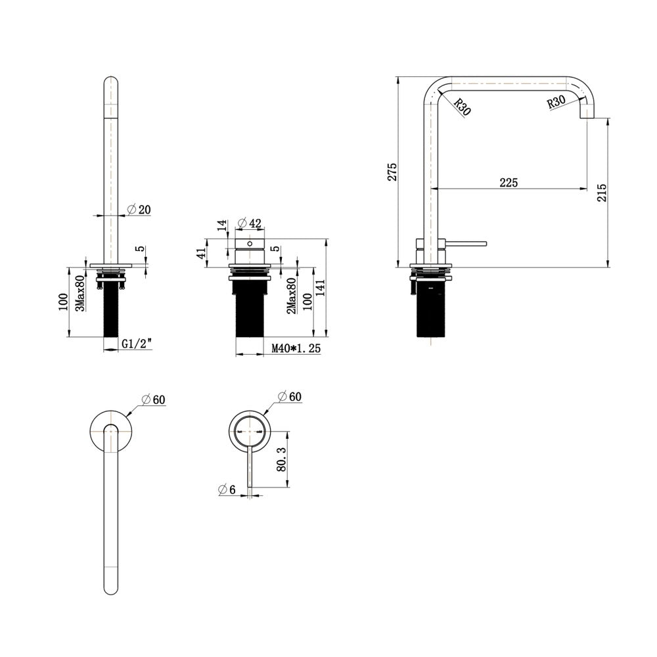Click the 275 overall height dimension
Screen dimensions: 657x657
(392, 171)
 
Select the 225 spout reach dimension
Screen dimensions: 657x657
(509, 183)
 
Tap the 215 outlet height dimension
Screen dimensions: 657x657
(602, 193)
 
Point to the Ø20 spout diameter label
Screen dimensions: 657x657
(139, 209)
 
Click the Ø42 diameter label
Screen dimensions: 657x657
(249, 223)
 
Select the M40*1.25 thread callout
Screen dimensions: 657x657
(296, 348)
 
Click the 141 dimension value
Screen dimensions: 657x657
(321, 288)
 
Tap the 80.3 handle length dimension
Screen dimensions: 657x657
(282, 459)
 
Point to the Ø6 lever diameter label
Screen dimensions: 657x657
(227, 489)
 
